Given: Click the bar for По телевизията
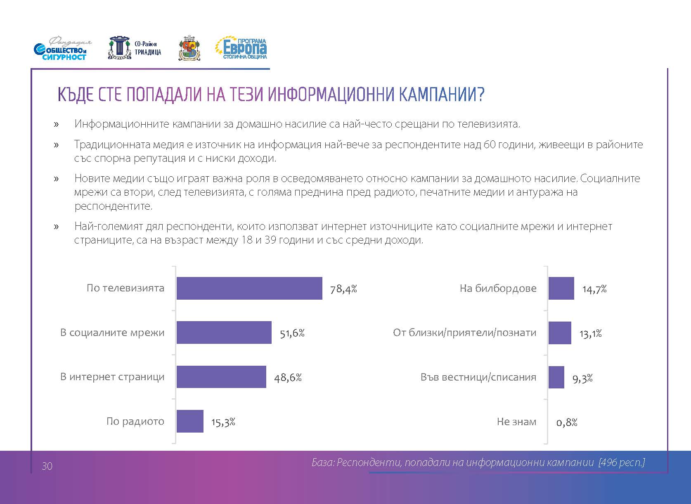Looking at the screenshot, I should tap(249, 288).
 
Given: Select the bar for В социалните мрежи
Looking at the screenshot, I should tap(224, 333).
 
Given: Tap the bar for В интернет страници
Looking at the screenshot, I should tap(221, 377).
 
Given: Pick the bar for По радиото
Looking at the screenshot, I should tap(190, 421).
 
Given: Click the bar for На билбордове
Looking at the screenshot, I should tap(561, 288).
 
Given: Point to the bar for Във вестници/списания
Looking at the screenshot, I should tap(556, 377).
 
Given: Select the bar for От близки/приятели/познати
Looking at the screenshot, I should tap(560, 333).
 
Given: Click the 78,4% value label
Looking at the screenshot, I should tap(343, 289).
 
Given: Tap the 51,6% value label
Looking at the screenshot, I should tap(292, 334).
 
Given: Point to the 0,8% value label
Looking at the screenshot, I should tap(567, 422).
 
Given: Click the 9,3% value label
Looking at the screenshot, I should tap(582, 378).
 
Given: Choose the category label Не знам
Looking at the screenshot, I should tap(516, 422).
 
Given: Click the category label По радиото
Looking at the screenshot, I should tap(135, 421).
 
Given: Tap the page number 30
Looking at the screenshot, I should tap(47, 466).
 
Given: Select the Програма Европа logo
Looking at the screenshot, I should tap(241, 49).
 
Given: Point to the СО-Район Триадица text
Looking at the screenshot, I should tap(148, 48).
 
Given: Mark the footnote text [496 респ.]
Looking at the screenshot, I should tap(621, 462).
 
